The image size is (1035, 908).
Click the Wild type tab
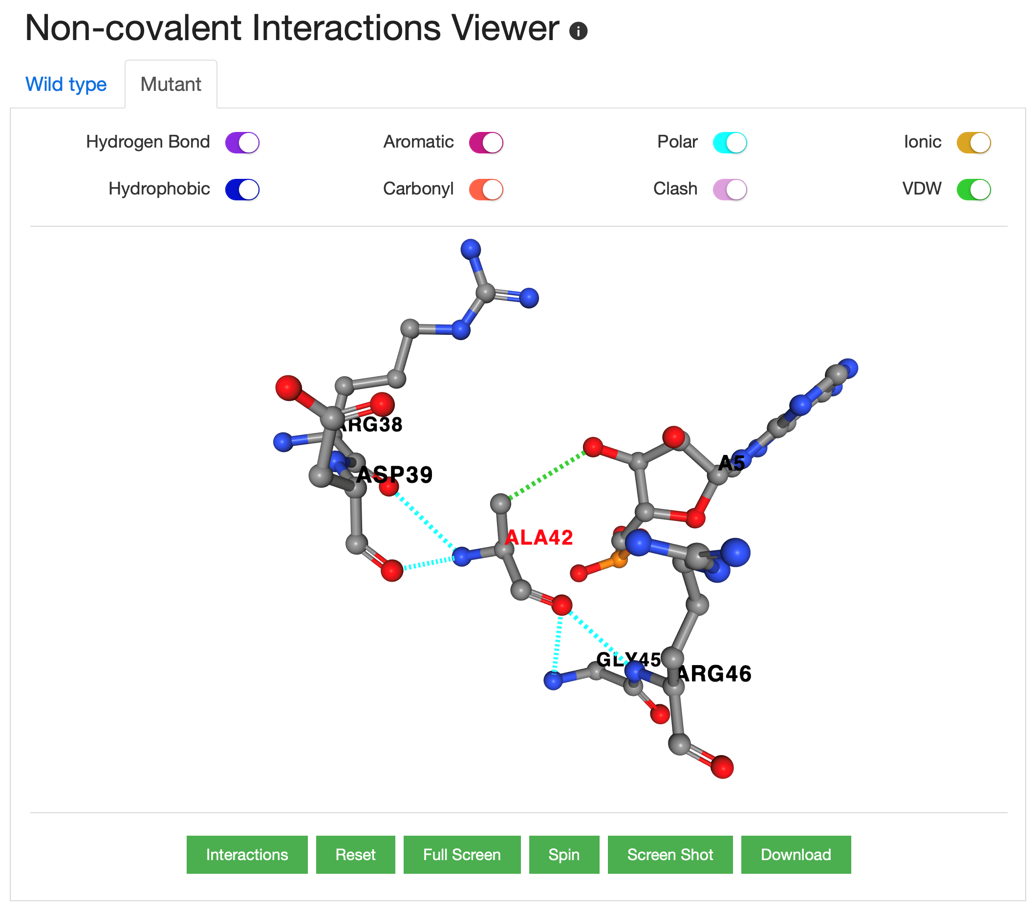click(66, 84)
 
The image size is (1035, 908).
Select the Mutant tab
click(171, 84)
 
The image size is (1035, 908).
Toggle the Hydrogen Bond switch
click(242, 142)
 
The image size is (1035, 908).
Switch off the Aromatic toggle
click(486, 142)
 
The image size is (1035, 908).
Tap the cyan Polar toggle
click(730, 142)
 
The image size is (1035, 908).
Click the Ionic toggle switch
click(973, 142)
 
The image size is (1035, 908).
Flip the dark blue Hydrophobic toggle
click(242, 190)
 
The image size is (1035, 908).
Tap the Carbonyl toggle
click(486, 190)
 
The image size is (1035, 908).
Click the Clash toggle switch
click(730, 190)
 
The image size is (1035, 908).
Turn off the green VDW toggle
click(973, 190)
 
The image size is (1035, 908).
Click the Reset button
click(355, 854)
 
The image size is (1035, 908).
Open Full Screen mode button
click(462, 854)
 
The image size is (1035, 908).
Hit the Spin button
click(563, 854)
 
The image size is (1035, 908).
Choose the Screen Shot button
click(670, 854)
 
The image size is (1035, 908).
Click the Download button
click(796, 854)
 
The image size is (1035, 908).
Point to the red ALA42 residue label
click(539, 537)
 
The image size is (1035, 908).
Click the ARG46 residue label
click(714, 673)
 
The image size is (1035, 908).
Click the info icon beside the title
click(578, 31)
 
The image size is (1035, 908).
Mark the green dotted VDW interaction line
click(547, 476)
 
